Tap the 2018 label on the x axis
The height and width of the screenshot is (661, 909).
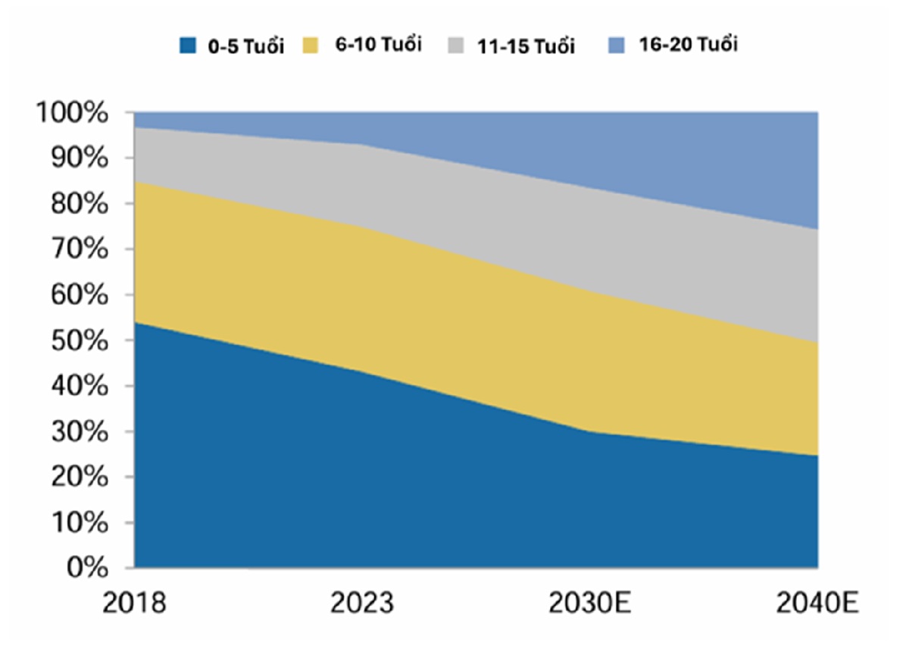pos(134,605)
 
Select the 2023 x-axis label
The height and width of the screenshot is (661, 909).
pos(362,605)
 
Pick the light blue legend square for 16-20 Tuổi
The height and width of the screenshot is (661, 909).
pos(617,45)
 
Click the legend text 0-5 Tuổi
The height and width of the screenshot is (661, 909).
pos(246,46)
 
